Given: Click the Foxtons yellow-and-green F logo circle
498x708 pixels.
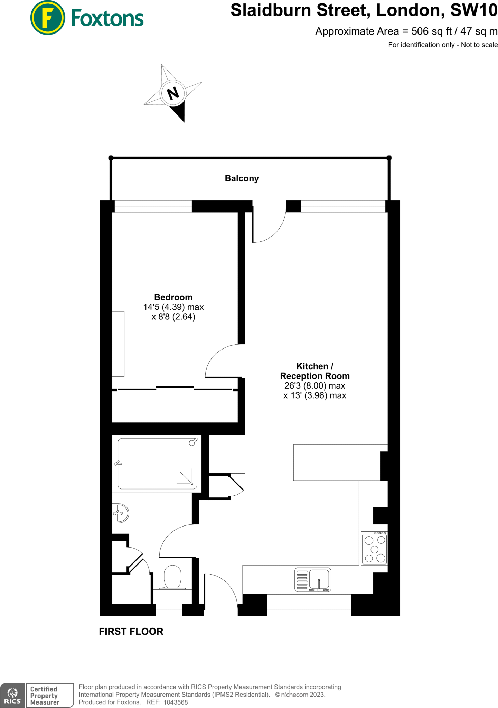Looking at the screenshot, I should [47, 18].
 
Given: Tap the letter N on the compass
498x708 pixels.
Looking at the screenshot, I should [173, 93].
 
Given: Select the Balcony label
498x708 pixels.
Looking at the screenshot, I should [242, 178].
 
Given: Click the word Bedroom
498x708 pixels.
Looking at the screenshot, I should [173, 297].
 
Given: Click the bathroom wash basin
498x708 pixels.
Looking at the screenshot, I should [121, 513].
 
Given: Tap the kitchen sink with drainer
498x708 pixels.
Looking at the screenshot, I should [313, 579].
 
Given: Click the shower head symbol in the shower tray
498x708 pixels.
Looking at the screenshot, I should [193, 442].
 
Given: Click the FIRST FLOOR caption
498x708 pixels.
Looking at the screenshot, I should [131, 631].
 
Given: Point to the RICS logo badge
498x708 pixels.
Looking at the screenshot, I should [12, 695].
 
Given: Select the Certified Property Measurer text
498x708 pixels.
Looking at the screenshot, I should [45, 695].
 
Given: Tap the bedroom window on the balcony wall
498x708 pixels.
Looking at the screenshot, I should [153, 206].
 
